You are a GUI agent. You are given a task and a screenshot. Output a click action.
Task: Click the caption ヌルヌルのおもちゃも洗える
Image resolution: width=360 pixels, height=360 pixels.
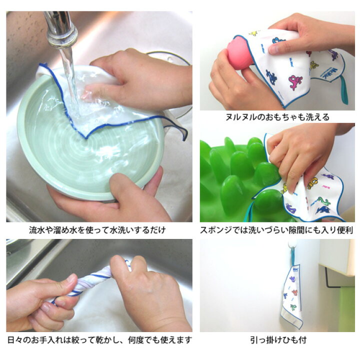coord(277,117)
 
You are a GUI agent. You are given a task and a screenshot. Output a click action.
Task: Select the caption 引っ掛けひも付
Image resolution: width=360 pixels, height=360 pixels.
coord(278,340)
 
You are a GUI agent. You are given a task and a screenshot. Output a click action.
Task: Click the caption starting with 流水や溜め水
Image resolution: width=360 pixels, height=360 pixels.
coord(97,230)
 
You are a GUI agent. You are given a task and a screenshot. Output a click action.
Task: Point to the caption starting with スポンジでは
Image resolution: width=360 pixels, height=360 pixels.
coord(276,230)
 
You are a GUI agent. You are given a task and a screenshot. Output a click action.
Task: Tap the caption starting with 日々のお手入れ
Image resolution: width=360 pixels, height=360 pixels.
coord(99,340)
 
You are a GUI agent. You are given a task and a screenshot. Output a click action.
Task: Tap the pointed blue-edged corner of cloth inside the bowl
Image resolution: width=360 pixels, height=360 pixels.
coord(86,138)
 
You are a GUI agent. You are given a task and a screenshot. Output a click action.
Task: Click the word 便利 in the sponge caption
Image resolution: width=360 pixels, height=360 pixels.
coord(345,230)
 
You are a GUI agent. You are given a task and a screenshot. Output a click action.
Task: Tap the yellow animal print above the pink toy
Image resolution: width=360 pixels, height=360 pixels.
coord(254,33)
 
